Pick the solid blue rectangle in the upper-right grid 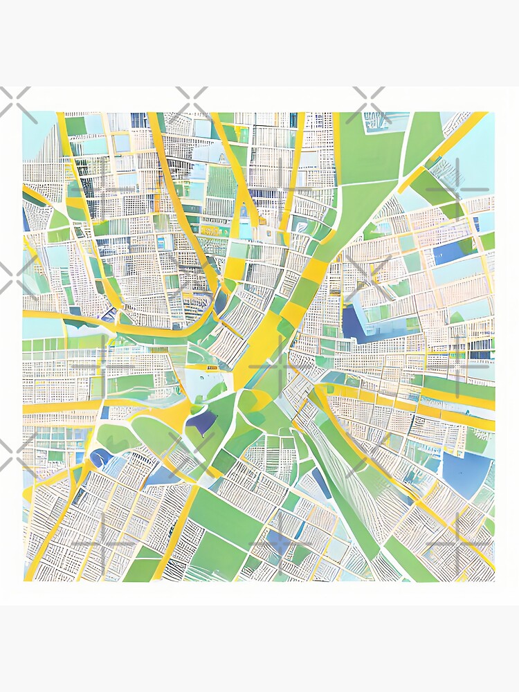450,252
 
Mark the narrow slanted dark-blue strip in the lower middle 321,482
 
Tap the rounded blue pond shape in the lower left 101,457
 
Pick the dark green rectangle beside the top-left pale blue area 75,125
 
